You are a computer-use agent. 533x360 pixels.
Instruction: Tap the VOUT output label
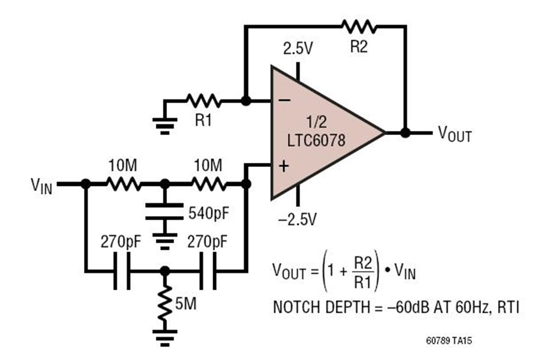pos(455,134)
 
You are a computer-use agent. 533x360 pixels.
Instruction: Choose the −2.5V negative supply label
pos(297,220)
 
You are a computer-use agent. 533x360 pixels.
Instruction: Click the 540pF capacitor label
pos(208,212)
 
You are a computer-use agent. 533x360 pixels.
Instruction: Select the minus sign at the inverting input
pos(284,101)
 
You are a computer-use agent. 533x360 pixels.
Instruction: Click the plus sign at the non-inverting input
pos(284,167)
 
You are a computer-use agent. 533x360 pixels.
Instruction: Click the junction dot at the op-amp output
pos(405,133)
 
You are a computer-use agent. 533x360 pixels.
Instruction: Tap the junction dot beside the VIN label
pos(85,185)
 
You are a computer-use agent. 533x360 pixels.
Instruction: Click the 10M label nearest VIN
pos(123,164)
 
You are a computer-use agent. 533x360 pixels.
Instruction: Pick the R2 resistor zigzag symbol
pos(359,26)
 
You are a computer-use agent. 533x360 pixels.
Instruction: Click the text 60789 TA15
pos(449,342)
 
